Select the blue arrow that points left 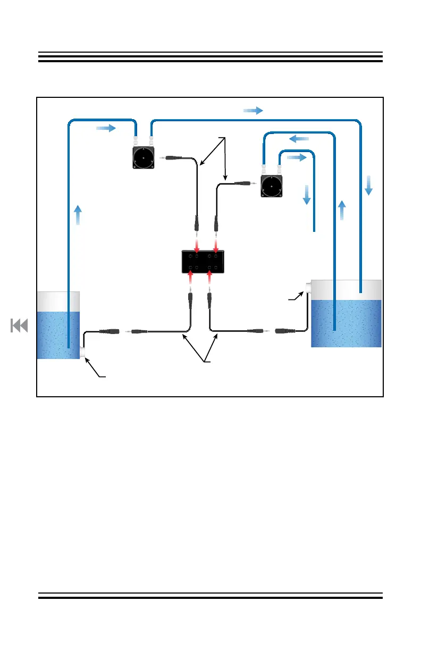(299, 139)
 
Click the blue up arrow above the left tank (78, 216)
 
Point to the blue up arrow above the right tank (342, 211)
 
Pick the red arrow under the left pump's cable (197, 246)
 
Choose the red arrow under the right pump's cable (216, 246)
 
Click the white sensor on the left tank (82, 352)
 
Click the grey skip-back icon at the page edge (19, 325)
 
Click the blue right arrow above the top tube (253, 110)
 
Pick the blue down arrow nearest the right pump (306, 195)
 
